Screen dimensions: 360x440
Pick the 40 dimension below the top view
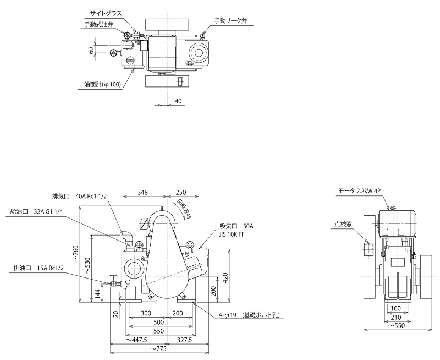click(178, 101)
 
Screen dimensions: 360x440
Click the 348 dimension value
click(143, 193)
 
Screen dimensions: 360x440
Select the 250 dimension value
click(180, 193)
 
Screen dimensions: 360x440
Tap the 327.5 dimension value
click(184, 340)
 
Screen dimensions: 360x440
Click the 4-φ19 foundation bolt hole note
click(249, 315)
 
